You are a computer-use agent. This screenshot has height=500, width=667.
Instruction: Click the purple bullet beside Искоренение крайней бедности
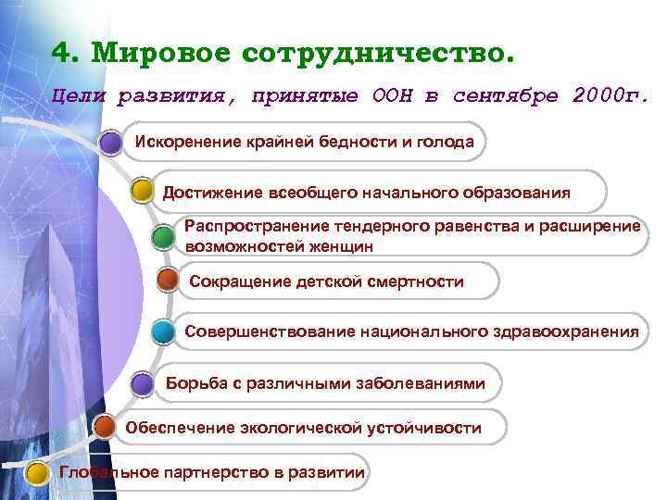[110, 143]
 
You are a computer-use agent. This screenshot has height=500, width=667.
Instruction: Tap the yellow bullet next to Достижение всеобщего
[142, 192]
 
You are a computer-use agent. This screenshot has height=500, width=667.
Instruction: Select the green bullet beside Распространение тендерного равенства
[161, 238]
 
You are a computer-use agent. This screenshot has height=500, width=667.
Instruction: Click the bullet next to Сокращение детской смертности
[168, 280]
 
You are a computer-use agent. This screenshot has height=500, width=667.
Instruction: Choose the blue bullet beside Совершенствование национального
[162, 331]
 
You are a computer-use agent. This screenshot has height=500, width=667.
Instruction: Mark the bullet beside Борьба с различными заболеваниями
[142, 383]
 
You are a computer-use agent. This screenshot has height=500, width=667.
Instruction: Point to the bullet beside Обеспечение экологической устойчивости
[106, 427]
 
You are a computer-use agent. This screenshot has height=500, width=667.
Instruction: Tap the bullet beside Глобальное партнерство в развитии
[37, 473]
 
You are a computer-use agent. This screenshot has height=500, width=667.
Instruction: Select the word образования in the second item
[522, 192]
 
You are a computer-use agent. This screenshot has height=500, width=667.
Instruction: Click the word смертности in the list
[412, 281]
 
